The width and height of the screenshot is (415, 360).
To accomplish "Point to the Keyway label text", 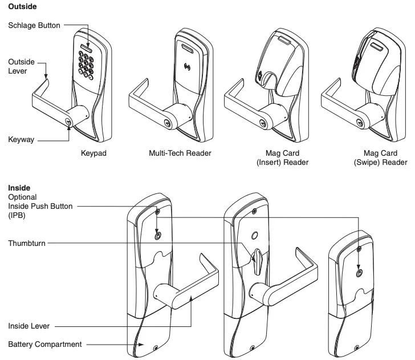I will (x=21, y=139).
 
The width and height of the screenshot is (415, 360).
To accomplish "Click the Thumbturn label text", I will (x=26, y=243).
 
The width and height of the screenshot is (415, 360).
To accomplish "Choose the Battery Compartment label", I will (x=44, y=344).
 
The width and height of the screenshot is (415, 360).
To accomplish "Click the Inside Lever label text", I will (x=29, y=326).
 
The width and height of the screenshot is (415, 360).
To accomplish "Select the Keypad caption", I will (x=94, y=153).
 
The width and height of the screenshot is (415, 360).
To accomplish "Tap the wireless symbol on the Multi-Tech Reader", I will (x=188, y=72).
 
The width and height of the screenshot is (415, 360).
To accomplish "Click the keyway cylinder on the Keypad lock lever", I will (x=70, y=122).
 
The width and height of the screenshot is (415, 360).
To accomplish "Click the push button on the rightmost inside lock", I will (x=358, y=272).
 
